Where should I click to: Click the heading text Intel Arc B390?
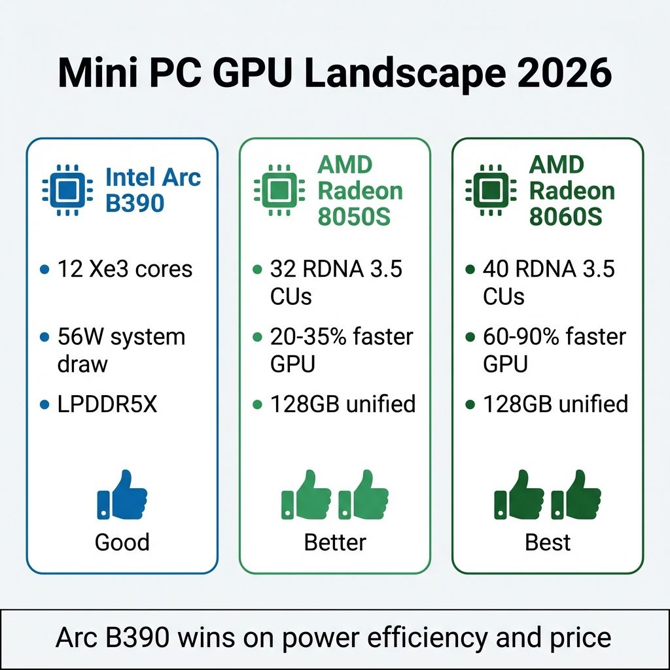pyautogui.click(x=153, y=190)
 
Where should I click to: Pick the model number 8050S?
pyautogui.click(x=353, y=217)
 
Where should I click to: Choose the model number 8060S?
pyautogui.click(x=565, y=217)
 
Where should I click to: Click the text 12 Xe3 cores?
pyautogui.click(x=125, y=269)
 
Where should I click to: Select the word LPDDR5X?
pyautogui.click(x=108, y=404)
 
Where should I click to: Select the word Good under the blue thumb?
pyautogui.click(x=122, y=542)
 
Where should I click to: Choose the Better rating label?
pyautogui.click(x=335, y=542)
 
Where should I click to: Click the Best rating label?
pyautogui.click(x=548, y=542)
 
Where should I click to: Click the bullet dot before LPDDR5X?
pyautogui.click(x=44, y=405)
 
